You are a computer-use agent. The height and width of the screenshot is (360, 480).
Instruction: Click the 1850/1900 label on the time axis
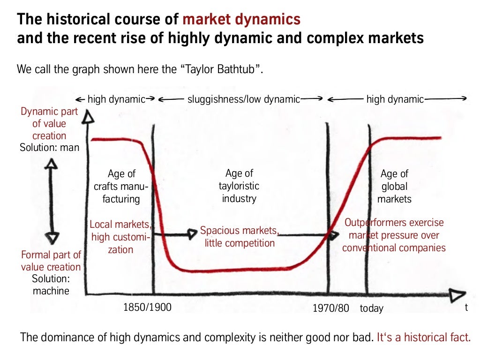click(147, 307)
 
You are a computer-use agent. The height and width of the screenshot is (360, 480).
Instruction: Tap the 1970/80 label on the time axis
click(331, 308)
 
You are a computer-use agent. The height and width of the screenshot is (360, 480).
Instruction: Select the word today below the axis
click(372, 308)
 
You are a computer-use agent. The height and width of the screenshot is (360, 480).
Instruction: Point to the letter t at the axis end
click(466, 307)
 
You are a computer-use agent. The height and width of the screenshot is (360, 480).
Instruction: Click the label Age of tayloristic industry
click(239, 186)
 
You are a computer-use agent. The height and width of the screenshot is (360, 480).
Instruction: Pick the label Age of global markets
click(395, 187)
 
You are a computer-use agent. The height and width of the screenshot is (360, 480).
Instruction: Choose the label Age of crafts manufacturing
click(121, 187)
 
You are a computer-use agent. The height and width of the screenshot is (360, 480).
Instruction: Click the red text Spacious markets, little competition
click(240, 237)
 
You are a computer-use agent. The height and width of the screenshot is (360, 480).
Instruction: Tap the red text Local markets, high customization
click(121, 237)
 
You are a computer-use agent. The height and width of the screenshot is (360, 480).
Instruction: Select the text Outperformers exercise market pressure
click(394, 235)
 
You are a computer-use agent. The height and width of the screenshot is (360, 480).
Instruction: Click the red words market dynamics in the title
click(241, 20)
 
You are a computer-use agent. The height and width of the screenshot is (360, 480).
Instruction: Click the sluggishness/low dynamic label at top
click(243, 99)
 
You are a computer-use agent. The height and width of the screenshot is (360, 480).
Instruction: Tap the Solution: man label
click(50, 148)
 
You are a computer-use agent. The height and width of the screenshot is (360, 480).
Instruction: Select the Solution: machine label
click(51, 285)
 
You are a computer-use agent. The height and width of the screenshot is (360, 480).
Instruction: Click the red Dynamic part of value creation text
click(49, 124)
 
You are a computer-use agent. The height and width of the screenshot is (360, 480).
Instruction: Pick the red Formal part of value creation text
click(51, 261)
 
